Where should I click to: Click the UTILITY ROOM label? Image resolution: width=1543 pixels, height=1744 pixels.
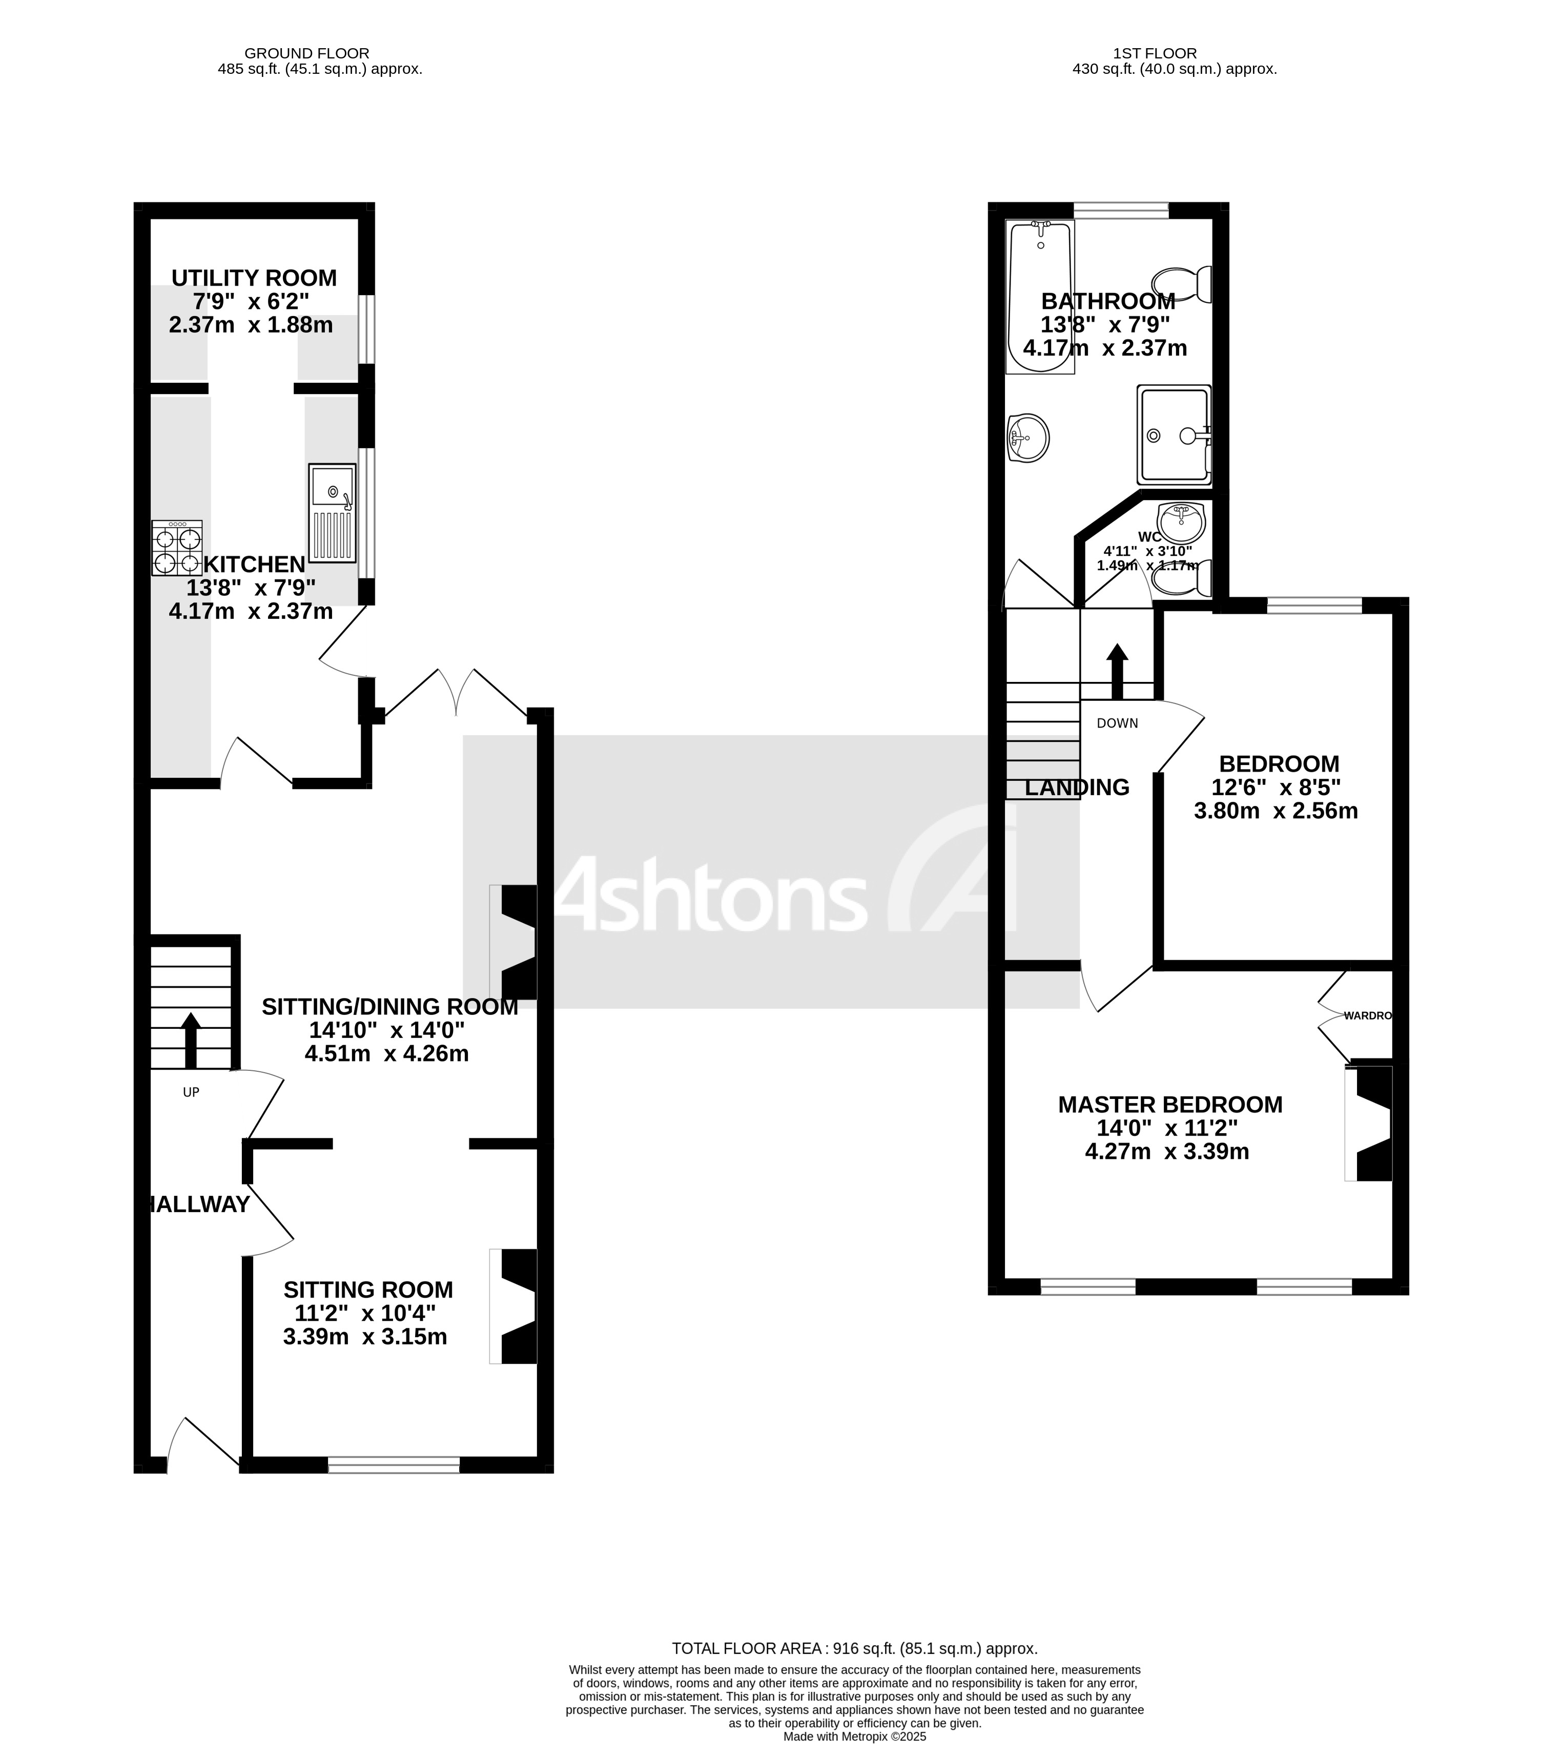(254, 278)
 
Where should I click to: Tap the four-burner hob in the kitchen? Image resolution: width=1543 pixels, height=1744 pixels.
(177, 549)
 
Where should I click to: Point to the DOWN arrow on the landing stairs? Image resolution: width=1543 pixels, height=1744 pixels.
(1117, 670)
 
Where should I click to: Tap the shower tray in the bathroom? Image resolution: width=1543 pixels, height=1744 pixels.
(1174, 434)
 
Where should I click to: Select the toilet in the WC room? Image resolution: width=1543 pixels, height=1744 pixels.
(1182, 577)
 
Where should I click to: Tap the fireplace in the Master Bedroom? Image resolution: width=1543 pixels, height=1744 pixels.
(1370, 1123)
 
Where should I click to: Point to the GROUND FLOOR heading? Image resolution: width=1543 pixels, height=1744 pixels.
(306, 53)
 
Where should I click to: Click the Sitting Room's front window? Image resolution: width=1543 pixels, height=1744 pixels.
(394, 1465)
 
